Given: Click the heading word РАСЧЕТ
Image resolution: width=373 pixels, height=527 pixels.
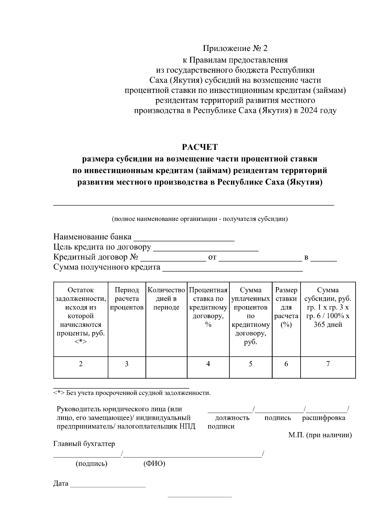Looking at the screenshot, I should click(x=200, y=147).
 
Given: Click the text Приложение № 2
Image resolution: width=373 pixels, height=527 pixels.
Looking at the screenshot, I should click(x=235, y=48).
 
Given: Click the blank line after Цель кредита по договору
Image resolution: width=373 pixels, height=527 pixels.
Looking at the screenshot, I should click(x=206, y=248).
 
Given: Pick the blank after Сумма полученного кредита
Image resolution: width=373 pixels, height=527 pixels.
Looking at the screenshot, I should click(x=233, y=268).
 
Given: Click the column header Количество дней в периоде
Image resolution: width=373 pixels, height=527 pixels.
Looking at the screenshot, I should click(x=166, y=299).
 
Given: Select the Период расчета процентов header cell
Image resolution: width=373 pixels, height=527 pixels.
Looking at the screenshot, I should click(x=127, y=299).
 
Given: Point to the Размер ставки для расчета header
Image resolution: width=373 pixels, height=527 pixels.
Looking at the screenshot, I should click(x=286, y=307).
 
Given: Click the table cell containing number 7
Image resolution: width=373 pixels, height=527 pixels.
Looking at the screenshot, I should click(x=328, y=364).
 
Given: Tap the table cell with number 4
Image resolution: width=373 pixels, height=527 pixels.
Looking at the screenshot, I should click(x=208, y=364).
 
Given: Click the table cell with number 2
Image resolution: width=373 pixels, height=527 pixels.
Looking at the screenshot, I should click(x=81, y=364).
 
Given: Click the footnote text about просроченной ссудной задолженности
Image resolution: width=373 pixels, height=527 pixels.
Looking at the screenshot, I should click(x=132, y=393).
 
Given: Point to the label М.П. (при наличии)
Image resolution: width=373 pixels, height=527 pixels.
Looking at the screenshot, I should click(x=320, y=435).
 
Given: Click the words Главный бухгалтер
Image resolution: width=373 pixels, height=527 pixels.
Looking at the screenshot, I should click(x=84, y=444).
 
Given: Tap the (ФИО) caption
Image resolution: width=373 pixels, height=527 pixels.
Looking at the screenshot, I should click(x=154, y=464).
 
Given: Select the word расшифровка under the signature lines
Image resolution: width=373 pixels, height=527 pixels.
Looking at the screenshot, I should click(x=324, y=418).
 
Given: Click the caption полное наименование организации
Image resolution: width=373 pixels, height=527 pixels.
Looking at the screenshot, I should click(x=200, y=219).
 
